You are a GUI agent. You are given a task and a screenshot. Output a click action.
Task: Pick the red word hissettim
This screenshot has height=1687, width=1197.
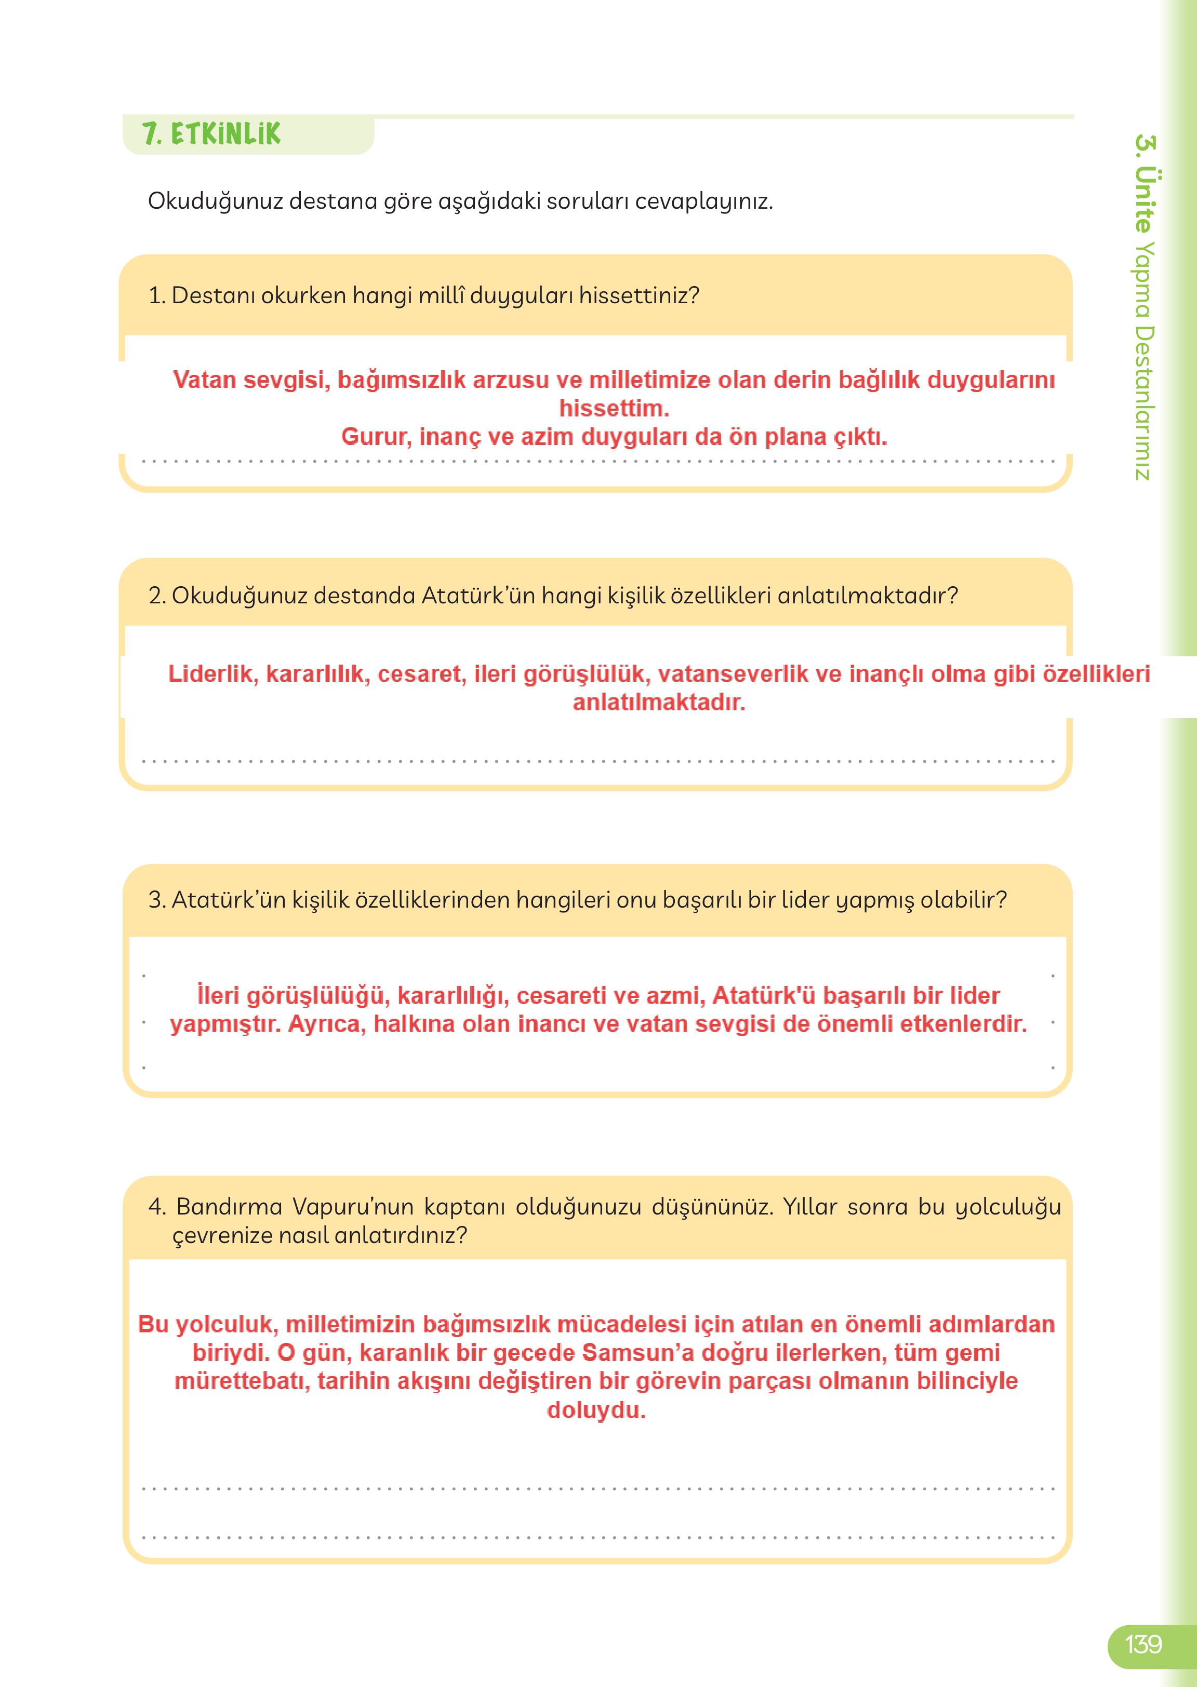(x=613, y=408)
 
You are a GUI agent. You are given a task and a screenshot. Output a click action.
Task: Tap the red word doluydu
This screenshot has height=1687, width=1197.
(x=595, y=1410)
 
